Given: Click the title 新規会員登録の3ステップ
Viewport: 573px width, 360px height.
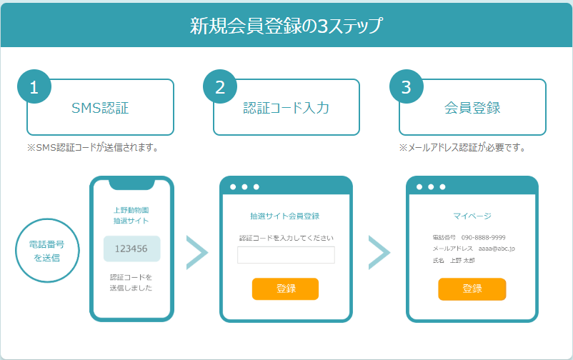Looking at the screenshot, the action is (x=286, y=26).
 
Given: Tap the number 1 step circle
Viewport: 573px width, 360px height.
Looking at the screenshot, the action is (x=34, y=86).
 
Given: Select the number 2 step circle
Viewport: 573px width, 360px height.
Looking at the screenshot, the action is (x=220, y=86).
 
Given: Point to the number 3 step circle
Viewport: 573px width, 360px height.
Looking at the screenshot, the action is (x=407, y=86).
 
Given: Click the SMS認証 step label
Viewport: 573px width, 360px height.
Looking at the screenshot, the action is (x=100, y=108).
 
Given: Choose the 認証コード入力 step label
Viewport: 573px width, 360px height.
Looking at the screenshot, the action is (x=286, y=108).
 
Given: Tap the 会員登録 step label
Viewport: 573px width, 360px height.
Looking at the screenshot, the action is (x=472, y=108).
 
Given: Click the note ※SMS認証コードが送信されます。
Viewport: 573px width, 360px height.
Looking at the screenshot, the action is (x=93, y=148).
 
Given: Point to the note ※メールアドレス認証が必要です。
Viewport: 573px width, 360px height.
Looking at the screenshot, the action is (x=463, y=148).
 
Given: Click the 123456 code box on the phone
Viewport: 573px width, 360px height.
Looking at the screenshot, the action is (x=131, y=249).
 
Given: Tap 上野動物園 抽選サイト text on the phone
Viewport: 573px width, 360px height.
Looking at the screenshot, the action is (x=131, y=216).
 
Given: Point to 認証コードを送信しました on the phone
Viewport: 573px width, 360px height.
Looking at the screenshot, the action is (x=131, y=283).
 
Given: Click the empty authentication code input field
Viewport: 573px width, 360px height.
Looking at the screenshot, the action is (x=286, y=255).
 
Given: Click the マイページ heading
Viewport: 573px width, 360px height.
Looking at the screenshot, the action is (x=472, y=216).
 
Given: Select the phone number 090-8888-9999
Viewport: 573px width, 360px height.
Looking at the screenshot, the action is (x=483, y=238).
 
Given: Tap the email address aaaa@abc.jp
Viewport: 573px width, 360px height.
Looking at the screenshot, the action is (x=497, y=249).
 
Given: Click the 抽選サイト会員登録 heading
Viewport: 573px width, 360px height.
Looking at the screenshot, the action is (x=284, y=216).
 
